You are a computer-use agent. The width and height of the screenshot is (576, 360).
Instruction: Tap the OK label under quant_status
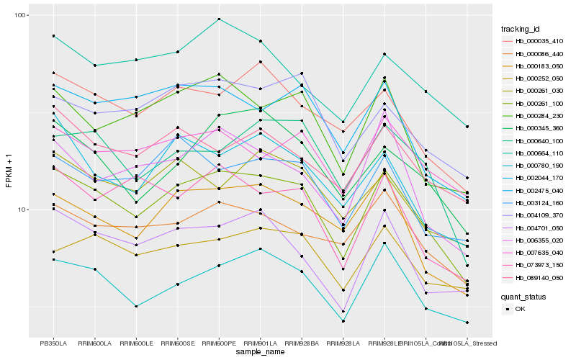520,309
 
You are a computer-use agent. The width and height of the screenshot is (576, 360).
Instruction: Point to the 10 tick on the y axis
22,210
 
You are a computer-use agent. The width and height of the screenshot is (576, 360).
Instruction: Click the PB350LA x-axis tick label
53,343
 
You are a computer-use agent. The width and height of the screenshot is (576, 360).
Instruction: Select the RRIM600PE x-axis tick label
219,343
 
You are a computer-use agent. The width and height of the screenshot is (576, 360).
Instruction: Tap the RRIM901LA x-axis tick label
261,343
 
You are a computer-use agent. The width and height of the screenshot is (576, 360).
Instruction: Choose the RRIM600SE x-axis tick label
178,343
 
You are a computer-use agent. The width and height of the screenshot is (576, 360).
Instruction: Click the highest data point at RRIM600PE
219,19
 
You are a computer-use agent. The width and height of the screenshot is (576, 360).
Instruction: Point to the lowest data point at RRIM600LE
136,306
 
